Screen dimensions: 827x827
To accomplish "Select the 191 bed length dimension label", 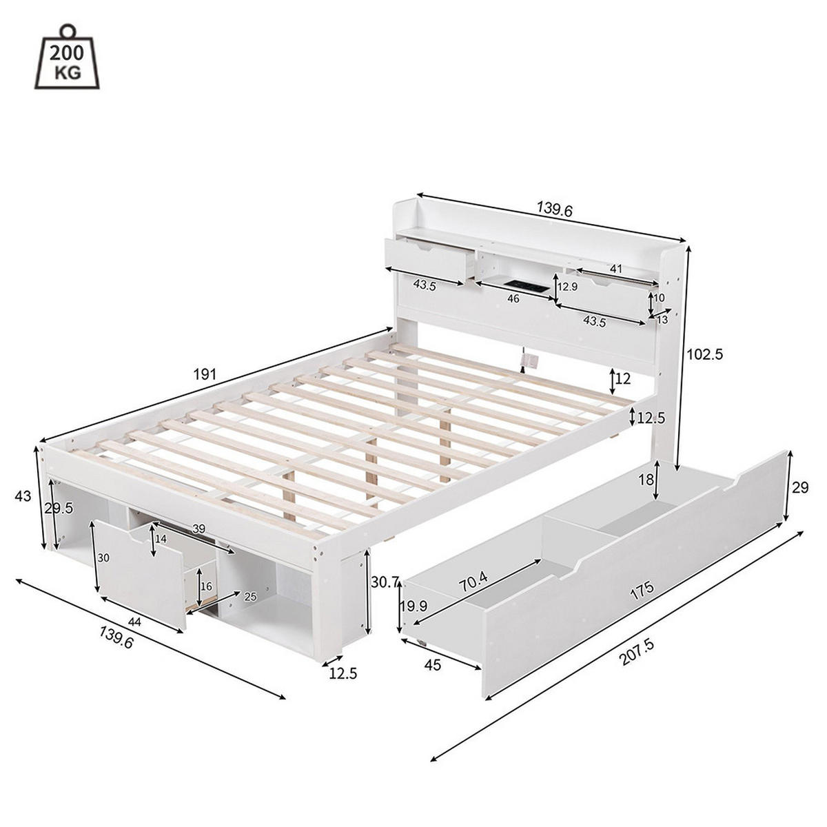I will pyautogui.click(x=205, y=374).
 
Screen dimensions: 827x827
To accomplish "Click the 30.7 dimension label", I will pyautogui.click(x=385, y=582).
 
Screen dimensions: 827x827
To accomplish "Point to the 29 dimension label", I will pyautogui.click(x=800, y=488).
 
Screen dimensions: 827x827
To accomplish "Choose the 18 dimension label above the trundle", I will pyautogui.click(x=646, y=480).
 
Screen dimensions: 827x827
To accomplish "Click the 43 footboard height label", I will pyautogui.click(x=23, y=496).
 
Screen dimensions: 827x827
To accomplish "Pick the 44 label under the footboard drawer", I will pyautogui.click(x=134, y=621).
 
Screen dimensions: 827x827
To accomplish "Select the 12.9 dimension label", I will pyautogui.click(x=567, y=286).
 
